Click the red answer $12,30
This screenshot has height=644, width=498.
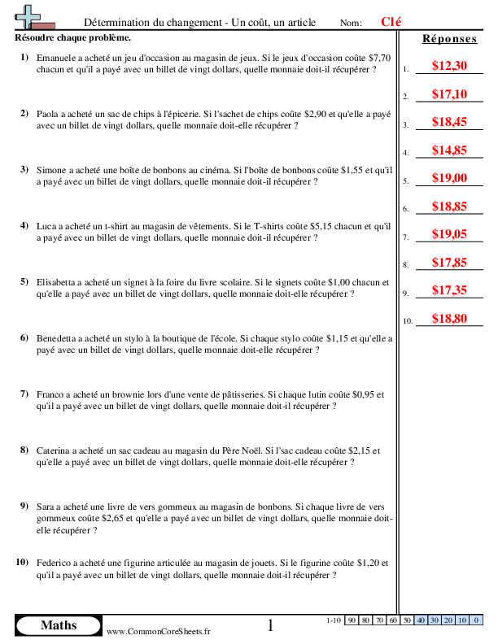pyautogui.click(x=449, y=66)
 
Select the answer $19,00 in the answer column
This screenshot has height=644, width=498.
pyautogui.click(x=449, y=178)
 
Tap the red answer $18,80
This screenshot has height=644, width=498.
pyautogui.click(x=449, y=318)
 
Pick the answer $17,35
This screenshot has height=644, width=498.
pyautogui.click(x=449, y=289)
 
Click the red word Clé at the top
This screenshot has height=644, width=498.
pyautogui.click(x=391, y=22)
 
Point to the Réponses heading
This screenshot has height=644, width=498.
pyautogui.click(x=448, y=39)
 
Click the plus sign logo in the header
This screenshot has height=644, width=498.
pyautogui.click(x=28, y=16)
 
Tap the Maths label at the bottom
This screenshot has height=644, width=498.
pyautogui.click(x=59, y=625)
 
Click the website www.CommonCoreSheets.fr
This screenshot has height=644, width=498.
pyautogui.click(x=159, y=631)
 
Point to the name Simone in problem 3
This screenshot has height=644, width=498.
pyautogui.click(x=53, y=171)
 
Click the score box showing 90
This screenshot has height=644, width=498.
pyautogui.click(x=352, y=620)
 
